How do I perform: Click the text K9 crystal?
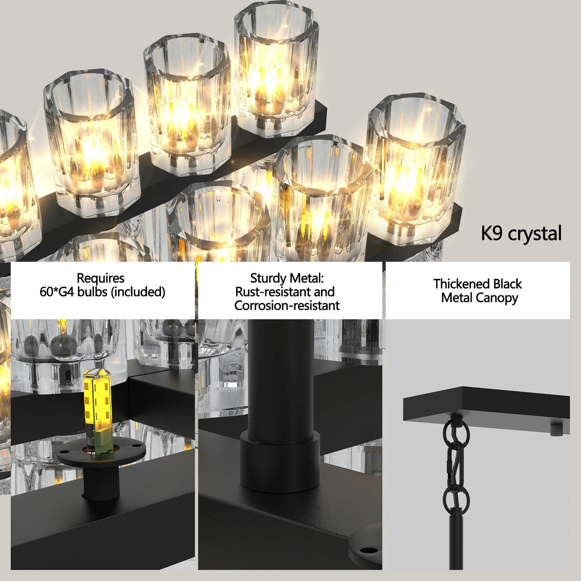521,234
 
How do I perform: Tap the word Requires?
100,278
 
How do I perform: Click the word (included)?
138,292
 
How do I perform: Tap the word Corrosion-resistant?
287,305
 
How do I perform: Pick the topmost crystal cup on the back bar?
276,69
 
